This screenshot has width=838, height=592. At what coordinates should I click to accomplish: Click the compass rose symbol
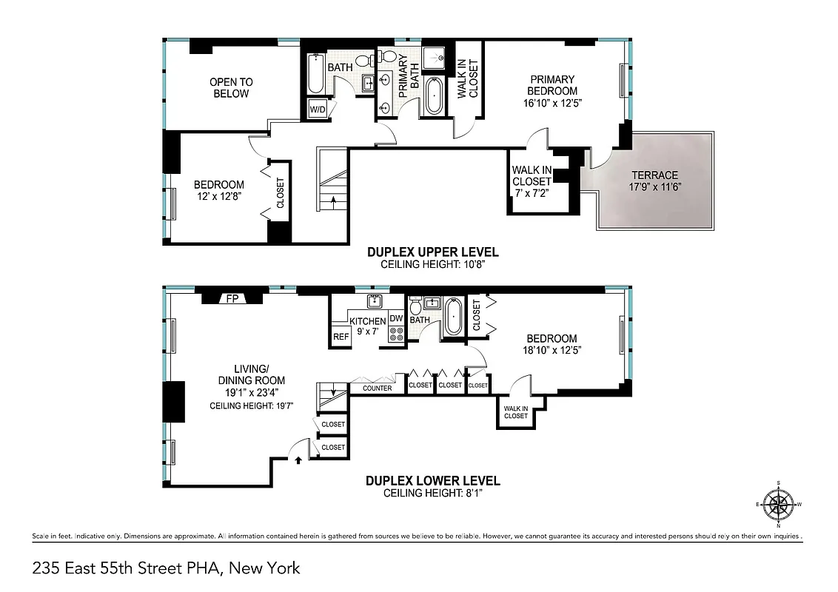click(x=778, y=505)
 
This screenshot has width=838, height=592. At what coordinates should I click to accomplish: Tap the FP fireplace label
click(x=232, y=299)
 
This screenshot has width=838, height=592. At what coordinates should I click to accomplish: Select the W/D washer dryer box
click(x=318, y=110)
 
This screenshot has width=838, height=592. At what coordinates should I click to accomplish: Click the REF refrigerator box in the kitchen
click(x=341, y=337)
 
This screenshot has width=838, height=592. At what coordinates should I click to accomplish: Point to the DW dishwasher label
click(x=396, y=319)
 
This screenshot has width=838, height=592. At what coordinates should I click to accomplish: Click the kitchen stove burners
click(x=397, y=334)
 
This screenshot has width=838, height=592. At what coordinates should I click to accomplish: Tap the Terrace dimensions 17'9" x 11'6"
click(x=654, y=186)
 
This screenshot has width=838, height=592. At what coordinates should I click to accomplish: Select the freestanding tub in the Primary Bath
click(x=434, y=97)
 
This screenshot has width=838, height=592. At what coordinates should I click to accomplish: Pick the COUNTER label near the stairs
click(x=377, y=388)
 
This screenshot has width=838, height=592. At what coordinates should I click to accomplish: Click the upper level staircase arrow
click(x=333, y=199)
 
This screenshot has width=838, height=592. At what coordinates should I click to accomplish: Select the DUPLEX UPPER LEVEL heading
click(x=433, y=252)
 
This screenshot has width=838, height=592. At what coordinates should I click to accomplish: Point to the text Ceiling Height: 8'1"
click(x=433, y=493)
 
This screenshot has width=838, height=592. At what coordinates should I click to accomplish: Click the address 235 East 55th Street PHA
click(x=166, y=568)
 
